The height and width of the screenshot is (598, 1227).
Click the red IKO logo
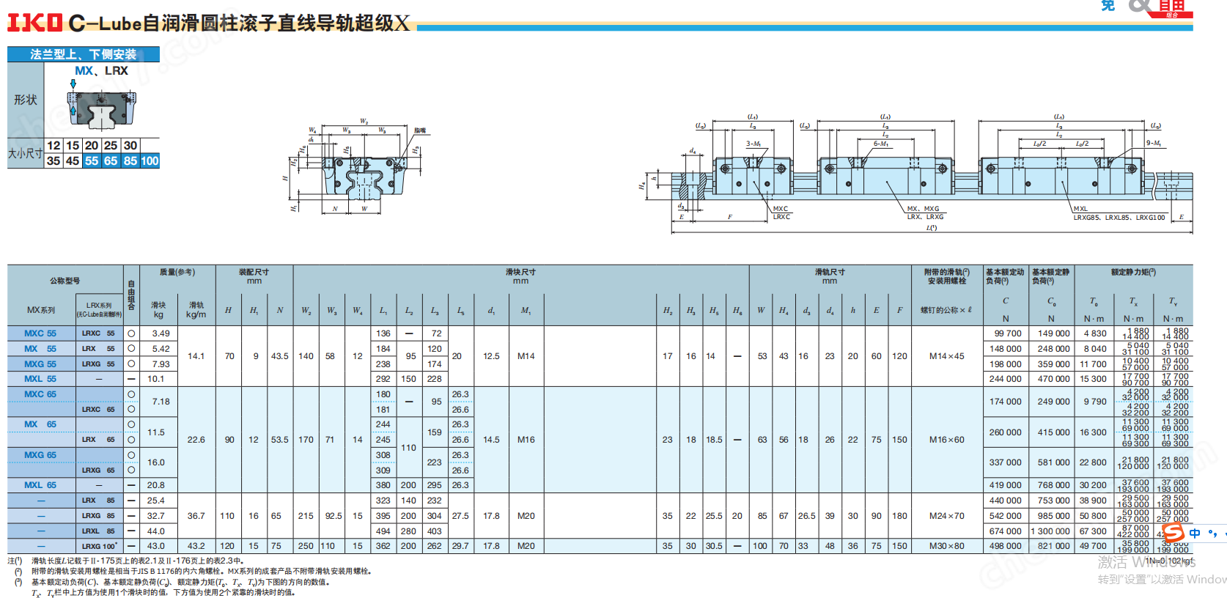point(34,23)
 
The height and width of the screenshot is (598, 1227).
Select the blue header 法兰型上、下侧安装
point(83,54)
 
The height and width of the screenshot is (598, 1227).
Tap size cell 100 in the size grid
point(150,161)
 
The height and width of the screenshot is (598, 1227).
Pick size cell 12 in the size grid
point(54,146)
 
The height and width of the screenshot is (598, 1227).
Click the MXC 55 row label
point(40,333)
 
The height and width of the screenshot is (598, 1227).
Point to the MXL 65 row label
point(40,485)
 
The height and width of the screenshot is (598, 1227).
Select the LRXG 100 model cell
point(99,546)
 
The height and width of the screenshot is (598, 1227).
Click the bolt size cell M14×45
point(946,356)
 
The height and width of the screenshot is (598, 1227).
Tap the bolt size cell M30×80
point(946,546)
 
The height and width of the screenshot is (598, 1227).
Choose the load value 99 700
point(1006,333)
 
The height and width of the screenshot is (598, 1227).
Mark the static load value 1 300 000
point(1051,531)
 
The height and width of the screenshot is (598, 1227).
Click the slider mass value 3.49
point(161,333)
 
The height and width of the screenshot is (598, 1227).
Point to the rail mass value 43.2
point(196,546)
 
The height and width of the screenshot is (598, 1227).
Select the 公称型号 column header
point(65,281)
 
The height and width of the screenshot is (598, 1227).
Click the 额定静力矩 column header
point(1133,273)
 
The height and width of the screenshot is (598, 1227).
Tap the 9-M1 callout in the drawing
point(1153,144)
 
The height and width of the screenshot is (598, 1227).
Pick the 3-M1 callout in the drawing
point(753,144)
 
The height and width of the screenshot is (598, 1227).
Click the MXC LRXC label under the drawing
point(781,213)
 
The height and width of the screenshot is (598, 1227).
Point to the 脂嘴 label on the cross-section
point(420,131)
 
